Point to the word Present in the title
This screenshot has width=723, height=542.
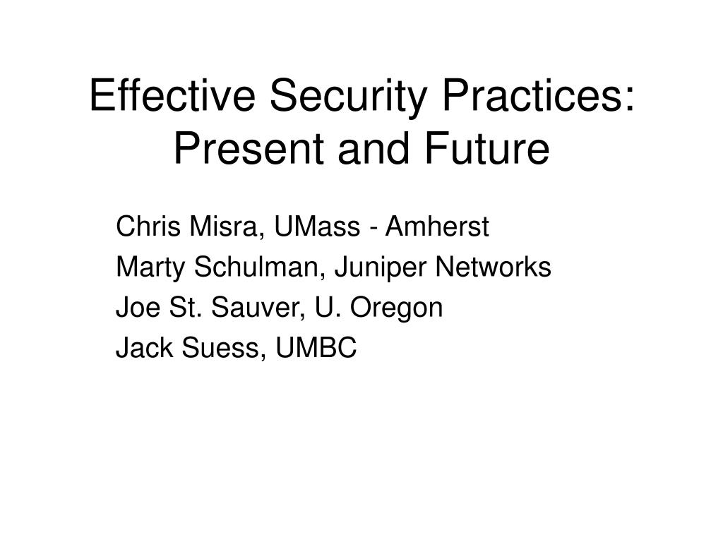click(249, 148)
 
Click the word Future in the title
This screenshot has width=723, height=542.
click(487, 148)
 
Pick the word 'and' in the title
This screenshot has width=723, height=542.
click(374, 148)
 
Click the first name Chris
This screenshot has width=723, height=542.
click(148, 227)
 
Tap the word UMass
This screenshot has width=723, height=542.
click(317, 227)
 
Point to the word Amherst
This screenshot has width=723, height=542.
click(437, 227)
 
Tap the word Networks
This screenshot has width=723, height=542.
click(493, 267)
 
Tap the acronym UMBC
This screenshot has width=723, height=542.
click(316, 348)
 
